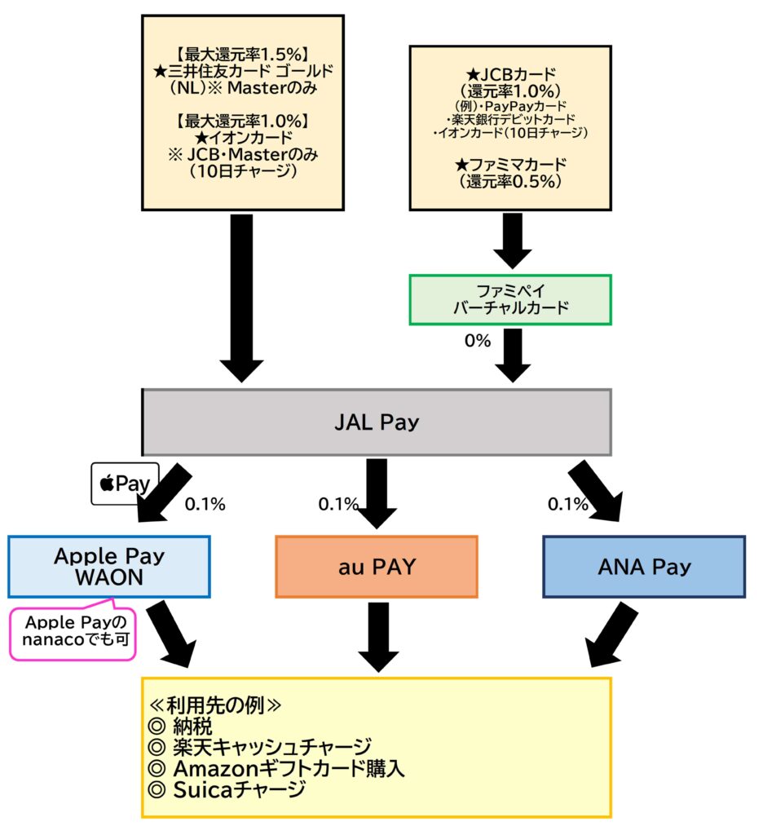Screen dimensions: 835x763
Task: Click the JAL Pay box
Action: point(377,422)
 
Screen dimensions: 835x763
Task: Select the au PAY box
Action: point(377,567)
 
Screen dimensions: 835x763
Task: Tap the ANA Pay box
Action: point(644,567)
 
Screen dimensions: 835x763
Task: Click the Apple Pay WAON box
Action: point(109,567)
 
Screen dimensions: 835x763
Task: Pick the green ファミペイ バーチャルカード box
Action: point(509,300)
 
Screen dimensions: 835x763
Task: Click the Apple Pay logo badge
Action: point(125,484)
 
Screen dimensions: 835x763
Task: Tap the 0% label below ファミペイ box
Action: point(478,341)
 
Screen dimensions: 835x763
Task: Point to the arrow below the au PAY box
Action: point(377,636)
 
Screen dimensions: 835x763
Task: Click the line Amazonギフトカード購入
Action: point(277,768)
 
